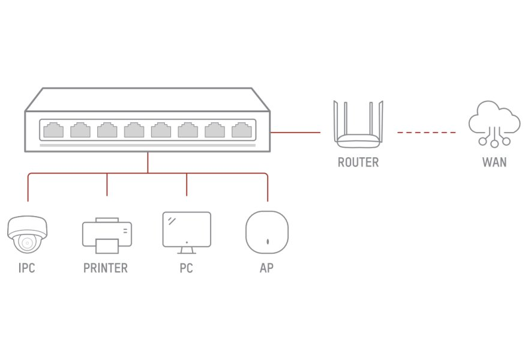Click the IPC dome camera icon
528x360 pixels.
click(x=27, y=235)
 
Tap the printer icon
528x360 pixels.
click(x=107, y=236)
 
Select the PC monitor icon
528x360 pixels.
click(x=187, y=232)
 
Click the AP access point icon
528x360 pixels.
click(x=267, y=232)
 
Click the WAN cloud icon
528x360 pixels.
click(x=494, y=124)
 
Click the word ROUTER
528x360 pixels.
click(x=358, y=163)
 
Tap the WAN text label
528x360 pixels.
click(x=494, y=163)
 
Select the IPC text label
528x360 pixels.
click(x=27, y=268)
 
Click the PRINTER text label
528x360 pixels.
click(x=106, y=268)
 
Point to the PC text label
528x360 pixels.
click(x=186, y=268)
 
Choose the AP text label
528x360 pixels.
click(x=266, y=268)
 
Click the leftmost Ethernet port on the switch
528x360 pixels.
click(x=53, y=130)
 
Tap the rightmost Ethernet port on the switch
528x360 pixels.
click(x=242, y=130)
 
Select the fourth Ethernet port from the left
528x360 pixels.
click(x=134, y=130)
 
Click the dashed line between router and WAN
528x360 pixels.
click(x=427, y=133)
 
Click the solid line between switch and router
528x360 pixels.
click(x=295, y=133)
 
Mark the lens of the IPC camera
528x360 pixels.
click(x=27, y=242)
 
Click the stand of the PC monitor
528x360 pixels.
click(x=187, y=251)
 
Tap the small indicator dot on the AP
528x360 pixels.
click(x=268, y=242)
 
